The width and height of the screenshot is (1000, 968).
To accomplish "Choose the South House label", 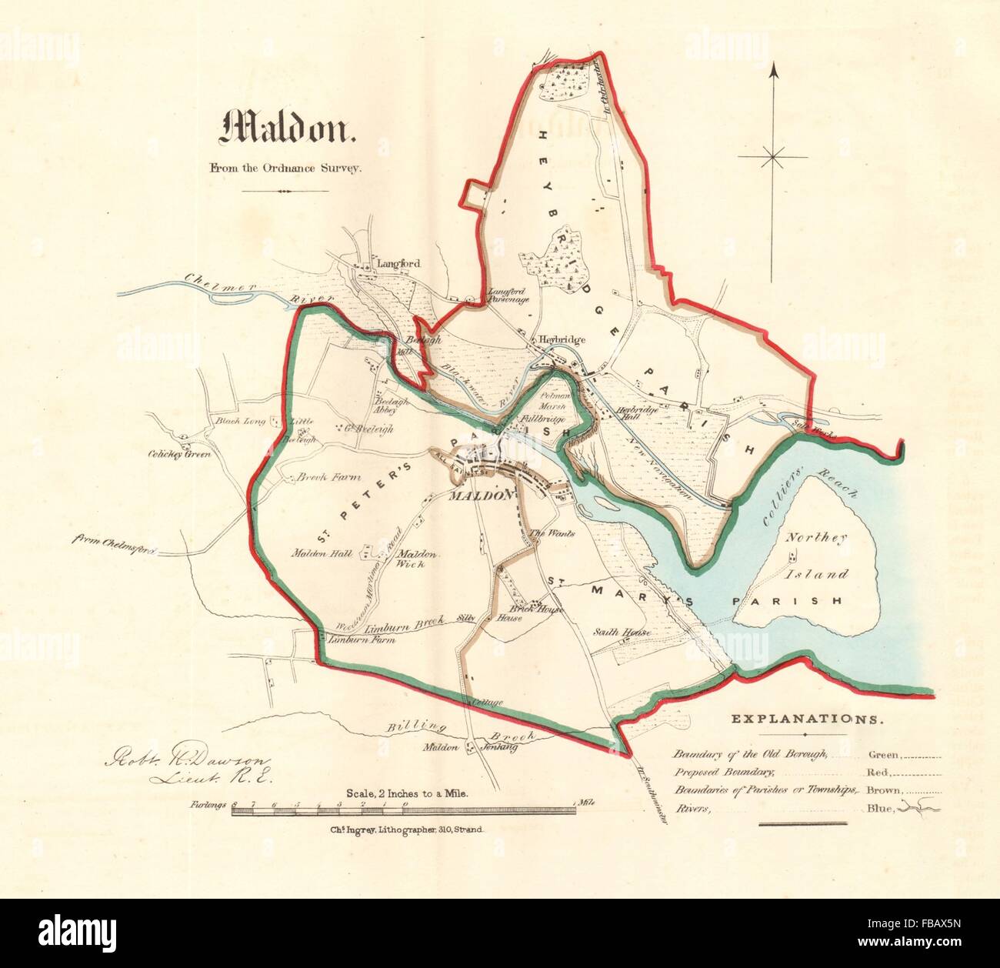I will click(x=622, y=633).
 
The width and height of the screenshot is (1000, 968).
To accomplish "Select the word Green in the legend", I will click(x=883, y=755).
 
